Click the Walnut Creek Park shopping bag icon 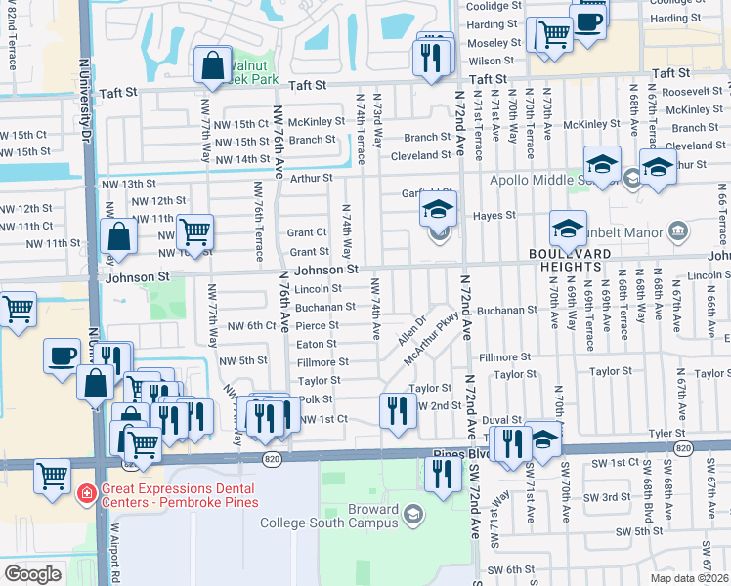(212, 67)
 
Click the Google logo (32, 574)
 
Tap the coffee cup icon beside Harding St (588, 22)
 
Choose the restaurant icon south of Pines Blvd (442, 475)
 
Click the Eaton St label (318, 344)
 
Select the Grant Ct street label (307, 232)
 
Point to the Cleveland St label (420, 155)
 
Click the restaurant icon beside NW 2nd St (397, 410)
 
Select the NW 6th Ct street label (249, 325)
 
